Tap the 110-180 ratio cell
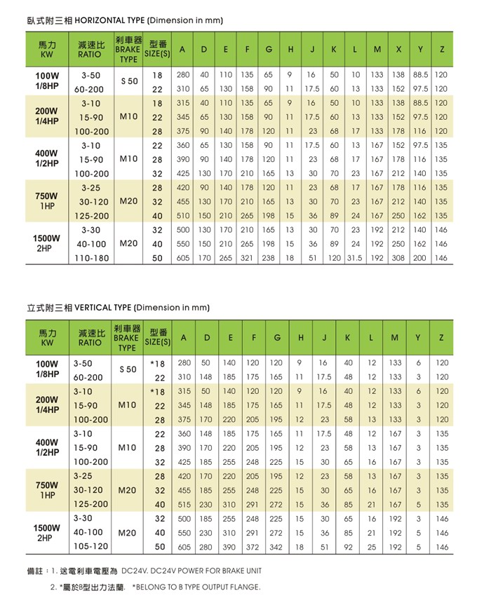tap(91, 258)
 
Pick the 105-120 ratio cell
tap(91, 546)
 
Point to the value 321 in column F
tap(248, 258)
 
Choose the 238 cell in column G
tap(269, 258)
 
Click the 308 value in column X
tap(398, 258)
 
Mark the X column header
tap(398, 50)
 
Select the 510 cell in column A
tap(183, 216)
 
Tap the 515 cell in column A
tap(184, 504)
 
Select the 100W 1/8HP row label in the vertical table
tap(47, 370)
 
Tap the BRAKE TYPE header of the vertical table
tap(127, 338)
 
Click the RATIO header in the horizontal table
tap(90, 50)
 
